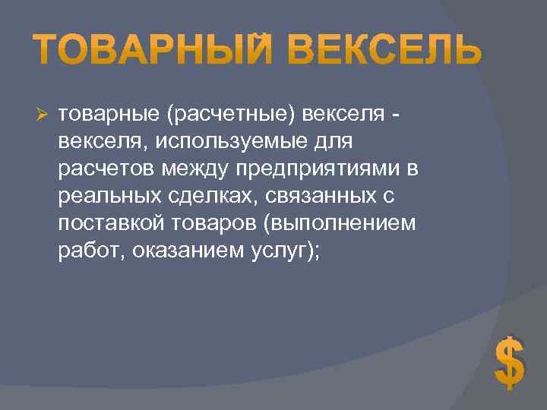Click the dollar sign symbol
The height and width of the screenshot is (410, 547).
[x=509, y=361]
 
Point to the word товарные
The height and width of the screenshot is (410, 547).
[x=107, y=115]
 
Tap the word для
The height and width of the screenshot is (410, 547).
[x=324, y=141]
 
